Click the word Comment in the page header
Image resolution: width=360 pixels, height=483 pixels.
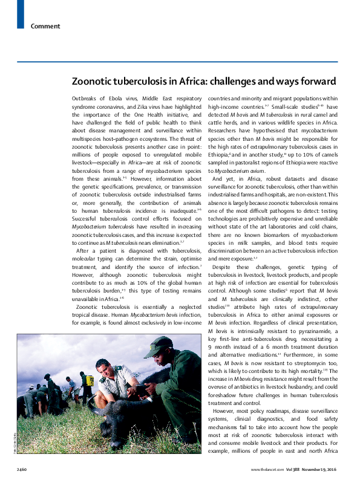45,26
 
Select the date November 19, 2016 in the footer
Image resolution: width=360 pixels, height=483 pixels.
325,470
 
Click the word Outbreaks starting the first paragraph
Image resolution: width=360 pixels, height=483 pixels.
86,98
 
